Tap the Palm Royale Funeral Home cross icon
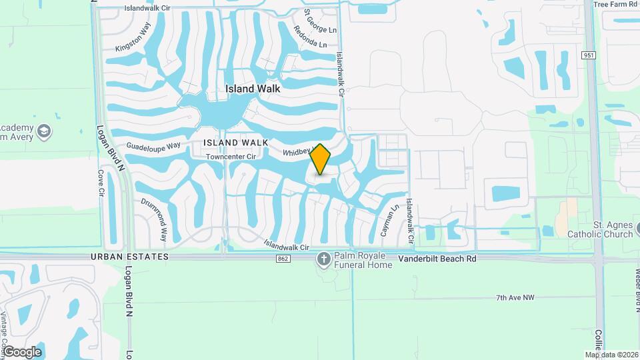coord(324,259)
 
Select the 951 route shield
coord(588,55)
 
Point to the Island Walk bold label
coord(253,88)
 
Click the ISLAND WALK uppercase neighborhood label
coord(236,143)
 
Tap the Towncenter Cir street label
coord(231,157)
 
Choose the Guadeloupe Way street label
coord(154,146)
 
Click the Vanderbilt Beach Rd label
coord(437,257)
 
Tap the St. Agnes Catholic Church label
coord(599,230)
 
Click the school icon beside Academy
coord(44,131)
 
